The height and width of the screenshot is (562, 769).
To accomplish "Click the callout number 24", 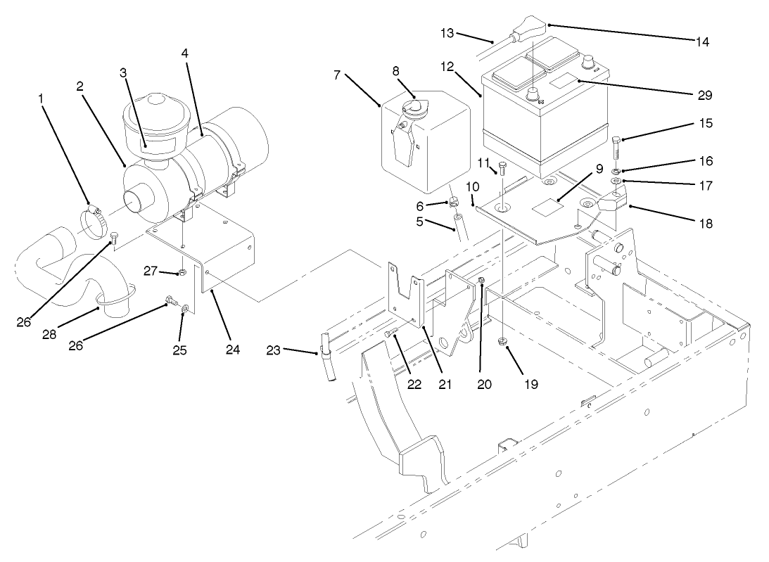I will [233, 349].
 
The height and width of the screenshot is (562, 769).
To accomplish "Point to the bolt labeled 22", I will [392, 336].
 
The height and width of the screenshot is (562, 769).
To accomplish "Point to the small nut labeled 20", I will [481, 281].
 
